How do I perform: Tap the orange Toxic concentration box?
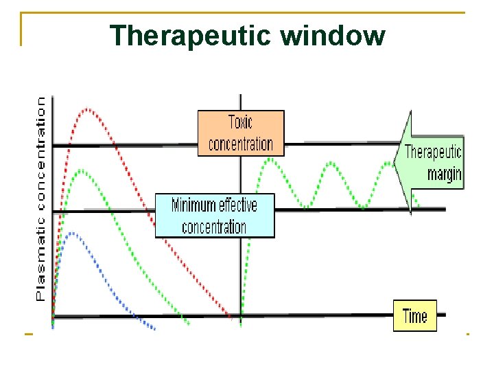[241, 133]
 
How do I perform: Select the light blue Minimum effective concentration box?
[215, 216]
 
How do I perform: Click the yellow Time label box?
[414, 316]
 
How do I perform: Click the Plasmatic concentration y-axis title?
[41, 198]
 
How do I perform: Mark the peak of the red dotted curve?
[88, 109]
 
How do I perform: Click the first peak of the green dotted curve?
[81, 170]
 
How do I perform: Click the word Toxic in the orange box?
[241, 123]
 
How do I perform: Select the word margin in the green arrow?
[444, 173]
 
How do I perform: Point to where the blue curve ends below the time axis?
[154, 329]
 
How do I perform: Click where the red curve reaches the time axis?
[231, 317]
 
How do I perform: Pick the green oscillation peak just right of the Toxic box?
[271, 159]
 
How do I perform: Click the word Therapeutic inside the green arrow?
[433, 151]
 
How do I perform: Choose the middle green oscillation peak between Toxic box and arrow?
[332, 164]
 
